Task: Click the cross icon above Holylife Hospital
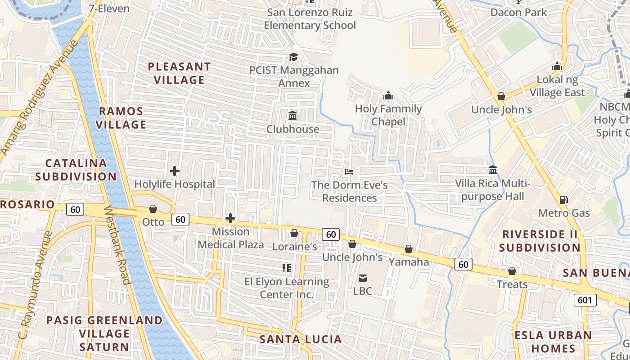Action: click(x=175, y=171)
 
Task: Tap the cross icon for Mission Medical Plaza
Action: click(x=230, y=219)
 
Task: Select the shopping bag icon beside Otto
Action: click(x=153, y=209)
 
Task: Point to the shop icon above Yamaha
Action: click(x=409, y=249)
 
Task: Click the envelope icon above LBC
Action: click(x=363, y=278)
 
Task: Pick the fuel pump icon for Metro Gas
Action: click(x=563, y=200)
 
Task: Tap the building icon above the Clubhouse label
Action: click(x=292, y=116)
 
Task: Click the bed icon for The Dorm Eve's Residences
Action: click(x=349, y=171)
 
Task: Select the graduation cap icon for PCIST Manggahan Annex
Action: click(x=293, y=57)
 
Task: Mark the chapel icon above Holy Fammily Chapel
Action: click(x=388, y=95)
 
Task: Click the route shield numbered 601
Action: click(x=585, y=300)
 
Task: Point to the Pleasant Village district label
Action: click(x=179, y=73)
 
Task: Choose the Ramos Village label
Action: click(x=121, y=118)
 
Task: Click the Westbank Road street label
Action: click(x=117, y=245)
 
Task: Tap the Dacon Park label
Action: click(x=518, y=12)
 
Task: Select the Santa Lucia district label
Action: click(x=300, y=339)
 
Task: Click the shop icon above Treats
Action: click(x=512, y=271)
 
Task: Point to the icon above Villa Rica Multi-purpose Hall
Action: click(x=493, y=170)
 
